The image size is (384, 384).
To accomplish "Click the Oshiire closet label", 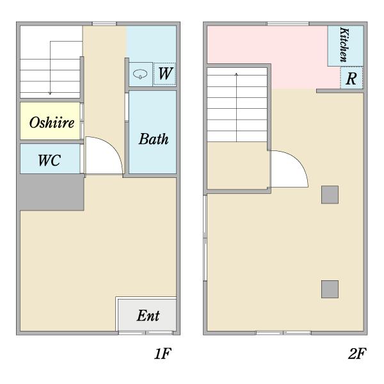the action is [x=52, y=122].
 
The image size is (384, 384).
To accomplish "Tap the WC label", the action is [x=49, y=161].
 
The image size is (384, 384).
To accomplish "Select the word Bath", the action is [x=154, y=139].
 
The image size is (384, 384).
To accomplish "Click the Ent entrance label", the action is [x=148, y=316].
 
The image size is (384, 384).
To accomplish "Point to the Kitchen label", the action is [x=344, y=45].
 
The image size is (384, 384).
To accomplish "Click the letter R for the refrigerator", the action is [x=351, y=79].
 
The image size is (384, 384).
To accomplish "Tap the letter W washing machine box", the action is [x=164, y=74].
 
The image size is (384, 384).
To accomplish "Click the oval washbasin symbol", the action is [x=140, y=74].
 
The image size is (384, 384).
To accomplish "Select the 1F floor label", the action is [x=163, y=354].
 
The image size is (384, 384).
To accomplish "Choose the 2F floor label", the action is [x=357, y=354].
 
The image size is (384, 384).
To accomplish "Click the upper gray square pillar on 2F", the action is [x=330, y=195].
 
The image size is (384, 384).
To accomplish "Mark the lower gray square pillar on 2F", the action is [x=330, y=289].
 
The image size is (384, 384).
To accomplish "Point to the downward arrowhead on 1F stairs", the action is [x=50, y=93].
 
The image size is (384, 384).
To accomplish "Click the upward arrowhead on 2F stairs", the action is [x=236, y=74].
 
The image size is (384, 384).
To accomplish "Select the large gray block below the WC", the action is [x=51, y=192].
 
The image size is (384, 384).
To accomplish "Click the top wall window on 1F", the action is [x=104, y=24].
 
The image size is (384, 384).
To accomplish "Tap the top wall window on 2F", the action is [x=288, y=24].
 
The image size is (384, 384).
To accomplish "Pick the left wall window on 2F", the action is [x=205, y=238].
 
